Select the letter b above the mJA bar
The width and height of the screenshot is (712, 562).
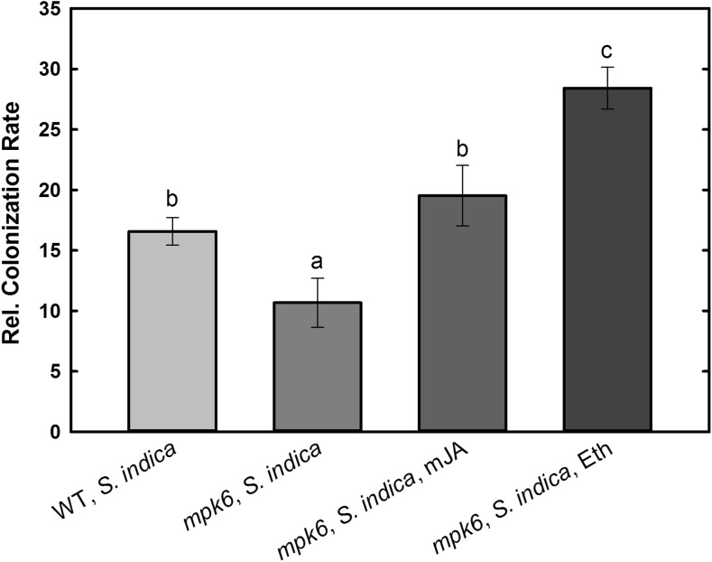[x=462, y=148]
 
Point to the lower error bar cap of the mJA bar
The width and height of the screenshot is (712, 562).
[x=462, y=226]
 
